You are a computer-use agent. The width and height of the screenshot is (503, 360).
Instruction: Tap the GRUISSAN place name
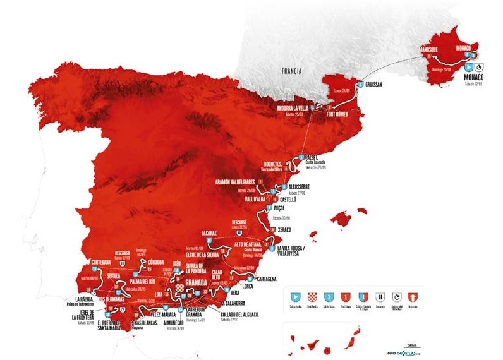click(377, 83)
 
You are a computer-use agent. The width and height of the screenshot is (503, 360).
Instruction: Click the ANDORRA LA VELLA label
click(300, 108)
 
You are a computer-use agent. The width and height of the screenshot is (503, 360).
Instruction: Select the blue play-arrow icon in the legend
click(293, 295)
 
